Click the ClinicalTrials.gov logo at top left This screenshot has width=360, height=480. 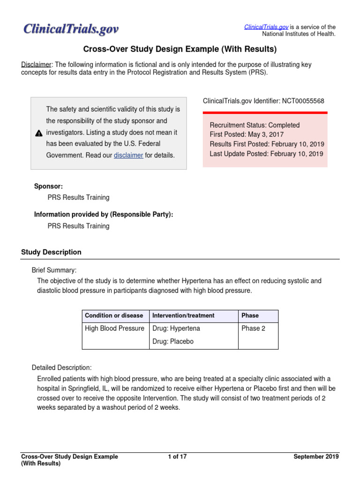pos(71,30)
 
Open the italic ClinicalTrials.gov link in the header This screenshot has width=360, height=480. pos(266,27)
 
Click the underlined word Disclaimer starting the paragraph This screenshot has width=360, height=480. pos(36,64)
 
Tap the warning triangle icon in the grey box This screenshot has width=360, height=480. pos(39,134)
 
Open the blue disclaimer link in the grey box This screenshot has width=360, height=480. pos(128,155)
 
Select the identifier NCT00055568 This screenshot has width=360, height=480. pos(303,101)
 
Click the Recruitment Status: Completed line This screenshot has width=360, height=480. pos(255,125)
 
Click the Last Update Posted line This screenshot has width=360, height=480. pos(267,153)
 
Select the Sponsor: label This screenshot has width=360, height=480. pos(48,186)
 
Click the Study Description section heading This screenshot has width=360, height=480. pos(51,252)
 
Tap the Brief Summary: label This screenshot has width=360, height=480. pos(54,270)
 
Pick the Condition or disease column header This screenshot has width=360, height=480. pos(114,315)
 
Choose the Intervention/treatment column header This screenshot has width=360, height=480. pos(183,315)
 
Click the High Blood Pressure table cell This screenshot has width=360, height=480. pos(114,328)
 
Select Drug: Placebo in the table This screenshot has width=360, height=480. pos(173,342)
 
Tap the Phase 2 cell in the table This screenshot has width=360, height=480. pos(253,328)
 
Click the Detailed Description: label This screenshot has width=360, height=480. pos(61,367)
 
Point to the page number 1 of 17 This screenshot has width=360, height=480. pos(177,457)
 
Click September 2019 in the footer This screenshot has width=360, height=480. pos(316,457)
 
